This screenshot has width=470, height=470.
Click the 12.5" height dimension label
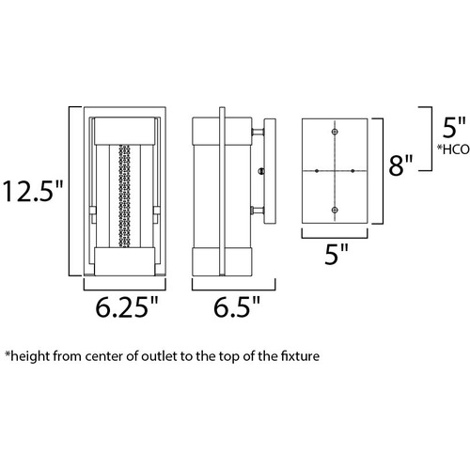coord(33,191)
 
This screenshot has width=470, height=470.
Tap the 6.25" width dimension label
coord(127,306)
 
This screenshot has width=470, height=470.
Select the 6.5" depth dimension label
coord(237,306)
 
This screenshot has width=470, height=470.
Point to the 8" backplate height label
coord(400,164)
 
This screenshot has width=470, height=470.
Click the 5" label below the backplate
coord(337,254)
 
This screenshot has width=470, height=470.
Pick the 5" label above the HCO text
coord(454,127)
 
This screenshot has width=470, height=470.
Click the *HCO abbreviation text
coord(453,149)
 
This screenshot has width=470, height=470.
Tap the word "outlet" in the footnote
coord(159,356)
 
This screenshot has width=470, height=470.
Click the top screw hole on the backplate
coord(335,132)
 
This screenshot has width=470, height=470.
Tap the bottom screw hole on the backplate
coord(335,210)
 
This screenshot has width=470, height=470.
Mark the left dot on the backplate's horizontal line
coord(317,171)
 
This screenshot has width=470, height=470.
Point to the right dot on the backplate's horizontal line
coord(352,171)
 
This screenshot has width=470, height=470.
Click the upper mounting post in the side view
coord(258,133)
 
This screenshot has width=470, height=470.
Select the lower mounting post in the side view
coord(258,211)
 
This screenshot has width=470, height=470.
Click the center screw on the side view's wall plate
coord(261,171)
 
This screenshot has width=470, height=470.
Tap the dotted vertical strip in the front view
coord(124,196)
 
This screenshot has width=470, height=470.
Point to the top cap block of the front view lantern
coord(125,131)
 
